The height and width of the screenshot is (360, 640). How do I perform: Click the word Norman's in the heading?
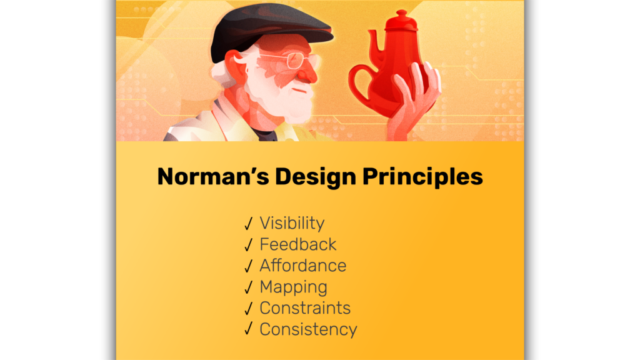point(213,177)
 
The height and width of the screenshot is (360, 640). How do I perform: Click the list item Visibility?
point(292,224)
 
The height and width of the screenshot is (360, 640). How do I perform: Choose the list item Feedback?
point(298,244)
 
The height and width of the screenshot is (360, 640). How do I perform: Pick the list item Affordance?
point(303,265)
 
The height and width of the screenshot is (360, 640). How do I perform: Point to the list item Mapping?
point(294,287)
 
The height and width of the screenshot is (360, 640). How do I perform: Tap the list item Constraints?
point(305,308)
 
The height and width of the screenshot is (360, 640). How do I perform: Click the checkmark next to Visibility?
point(249,224)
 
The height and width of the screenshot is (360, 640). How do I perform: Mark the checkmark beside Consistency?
point(249,329)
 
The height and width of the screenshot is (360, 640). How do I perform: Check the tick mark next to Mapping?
point(249,287)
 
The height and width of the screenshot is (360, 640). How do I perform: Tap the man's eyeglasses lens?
point(295,61)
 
